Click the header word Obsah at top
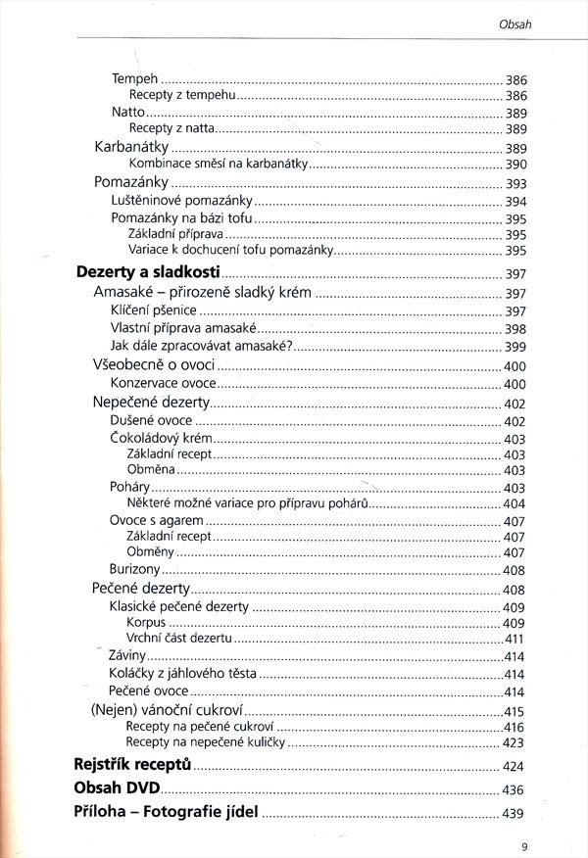tap(514, 24)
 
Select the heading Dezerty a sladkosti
tap(148, 273)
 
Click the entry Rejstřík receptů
tap(132, 765)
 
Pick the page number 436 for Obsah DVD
tap(514, 789)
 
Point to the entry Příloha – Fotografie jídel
tap(166, 812)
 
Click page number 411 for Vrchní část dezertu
tap(514, 639)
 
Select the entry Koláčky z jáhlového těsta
tap(183, 674)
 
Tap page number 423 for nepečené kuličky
tap(514, 743)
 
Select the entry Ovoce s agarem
tap(157, 520)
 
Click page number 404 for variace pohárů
tap(514, 503)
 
